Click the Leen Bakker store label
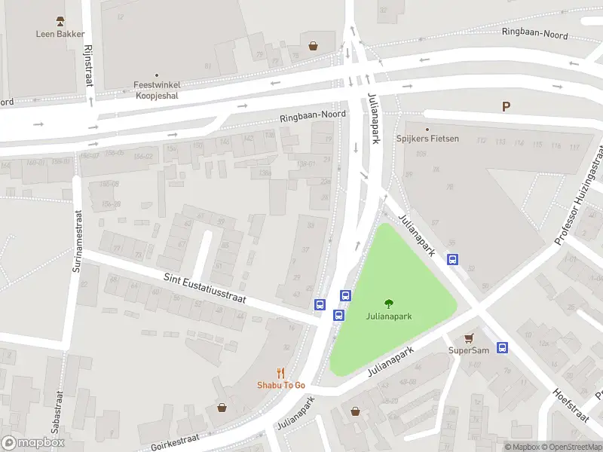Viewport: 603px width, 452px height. click(x=60, y=34)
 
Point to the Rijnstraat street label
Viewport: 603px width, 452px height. click(x=88, y=63)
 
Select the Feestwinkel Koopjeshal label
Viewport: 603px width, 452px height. click(x=157, y=90)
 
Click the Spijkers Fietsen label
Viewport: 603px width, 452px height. click(x=427, y=139)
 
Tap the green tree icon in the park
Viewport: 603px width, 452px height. click(x=389, y=304)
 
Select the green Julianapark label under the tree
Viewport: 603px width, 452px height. click(x=389, y=317)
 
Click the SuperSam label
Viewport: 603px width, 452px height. click(x=469, y=350)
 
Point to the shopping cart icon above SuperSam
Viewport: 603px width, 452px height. click(x=469, y=338)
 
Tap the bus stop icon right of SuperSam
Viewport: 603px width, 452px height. click(x=503, y=347)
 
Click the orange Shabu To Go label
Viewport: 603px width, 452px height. click(x=281, y=385)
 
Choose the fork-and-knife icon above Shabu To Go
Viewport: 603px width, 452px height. click(x=281, y=372)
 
